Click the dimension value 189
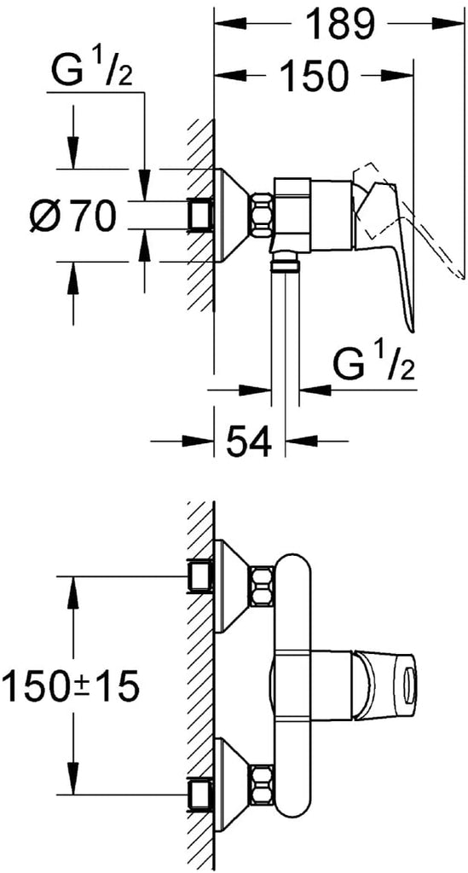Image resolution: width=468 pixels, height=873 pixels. click(339, 24)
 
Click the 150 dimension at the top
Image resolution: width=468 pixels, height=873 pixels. click(314, 75)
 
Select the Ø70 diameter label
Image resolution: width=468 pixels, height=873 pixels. click(72, 216)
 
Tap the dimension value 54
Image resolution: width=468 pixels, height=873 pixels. click(249, 441)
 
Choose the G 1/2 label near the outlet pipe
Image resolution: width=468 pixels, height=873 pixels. click(374, 365)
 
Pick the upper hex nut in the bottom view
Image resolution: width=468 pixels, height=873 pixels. click(261, 587)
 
